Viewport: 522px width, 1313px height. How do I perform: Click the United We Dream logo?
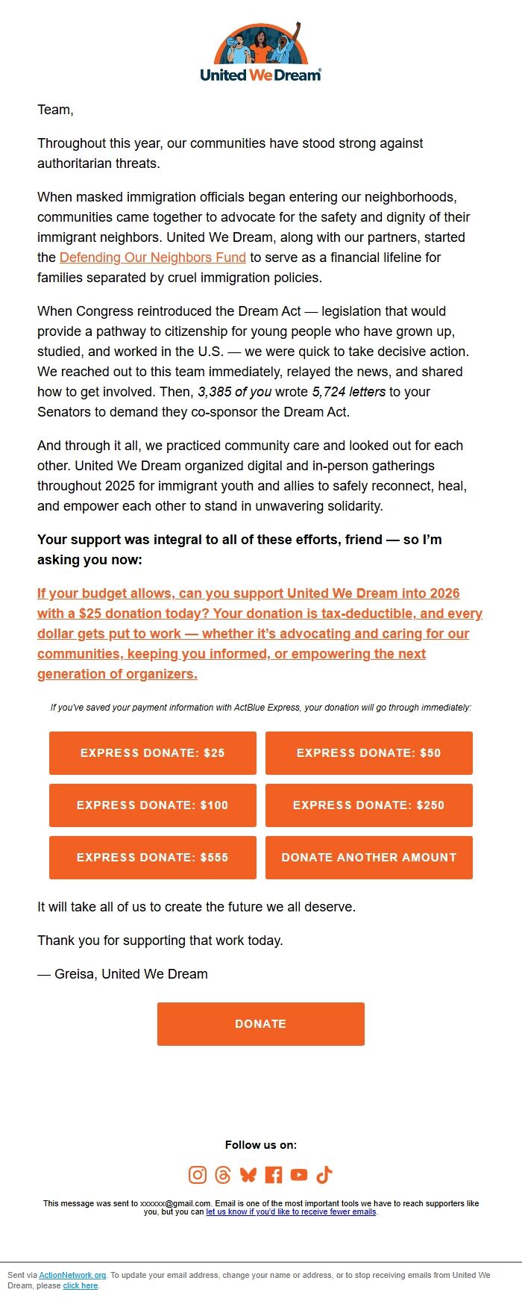coord(260,52)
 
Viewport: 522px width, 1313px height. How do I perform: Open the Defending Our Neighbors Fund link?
coord(152,258)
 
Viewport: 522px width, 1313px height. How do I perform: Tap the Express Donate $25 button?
coord(152,753)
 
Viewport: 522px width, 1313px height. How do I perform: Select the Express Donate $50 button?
coord(368,753)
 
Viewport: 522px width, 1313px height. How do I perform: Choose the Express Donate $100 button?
coord(152,805)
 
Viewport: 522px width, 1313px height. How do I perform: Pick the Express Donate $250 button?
coord(368,805)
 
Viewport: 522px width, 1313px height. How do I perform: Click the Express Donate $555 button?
coord(152,858)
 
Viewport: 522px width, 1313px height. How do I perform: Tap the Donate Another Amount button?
coord(368,858)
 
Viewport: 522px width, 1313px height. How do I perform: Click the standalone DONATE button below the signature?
coord(260,1024)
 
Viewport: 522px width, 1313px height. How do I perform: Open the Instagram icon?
coord(198,1175)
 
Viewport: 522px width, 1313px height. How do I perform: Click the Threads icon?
coord(223,1175)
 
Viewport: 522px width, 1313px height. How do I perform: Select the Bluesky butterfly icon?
coord(248,1175)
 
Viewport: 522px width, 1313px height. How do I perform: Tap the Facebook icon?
coord(274,1175)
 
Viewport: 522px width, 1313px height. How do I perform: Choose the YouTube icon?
coord(299,1175)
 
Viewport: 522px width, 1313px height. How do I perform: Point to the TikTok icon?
coord(324,1175)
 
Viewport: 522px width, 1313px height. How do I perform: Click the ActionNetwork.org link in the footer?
coord(72,1275)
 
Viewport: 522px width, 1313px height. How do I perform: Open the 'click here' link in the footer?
coord(81,1285)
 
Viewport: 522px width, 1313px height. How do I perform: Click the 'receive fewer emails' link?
coord(291,1211)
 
